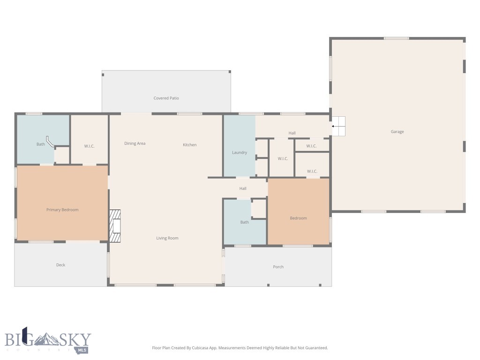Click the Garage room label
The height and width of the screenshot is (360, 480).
[397, 132]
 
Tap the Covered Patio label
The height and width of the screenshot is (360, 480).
[166, 98]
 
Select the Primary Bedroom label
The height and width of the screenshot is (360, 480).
[62, 210]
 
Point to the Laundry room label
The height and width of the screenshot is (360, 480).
[240, 152]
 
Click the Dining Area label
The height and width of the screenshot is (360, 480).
[135, 143]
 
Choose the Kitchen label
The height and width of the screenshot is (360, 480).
[189, 145]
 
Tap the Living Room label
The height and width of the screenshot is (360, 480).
[167, 238]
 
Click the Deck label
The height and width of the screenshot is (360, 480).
[60, 265]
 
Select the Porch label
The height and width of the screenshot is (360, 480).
[278, 267]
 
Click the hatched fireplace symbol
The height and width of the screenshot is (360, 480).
[115, 226]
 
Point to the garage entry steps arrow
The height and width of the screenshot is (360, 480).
[335, 126]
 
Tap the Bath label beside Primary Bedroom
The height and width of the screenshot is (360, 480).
[41, 144]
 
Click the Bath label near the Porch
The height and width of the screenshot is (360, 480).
[244, 222]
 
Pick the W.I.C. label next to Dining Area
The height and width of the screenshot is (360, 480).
[89, 146]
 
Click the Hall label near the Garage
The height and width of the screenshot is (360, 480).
[292, 133]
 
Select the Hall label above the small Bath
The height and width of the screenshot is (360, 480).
[243, 188]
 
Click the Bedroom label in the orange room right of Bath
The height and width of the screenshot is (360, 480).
[298, 218]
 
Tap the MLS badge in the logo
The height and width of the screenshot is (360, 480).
[82, 350]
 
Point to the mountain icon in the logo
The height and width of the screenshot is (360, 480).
[46, 339]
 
